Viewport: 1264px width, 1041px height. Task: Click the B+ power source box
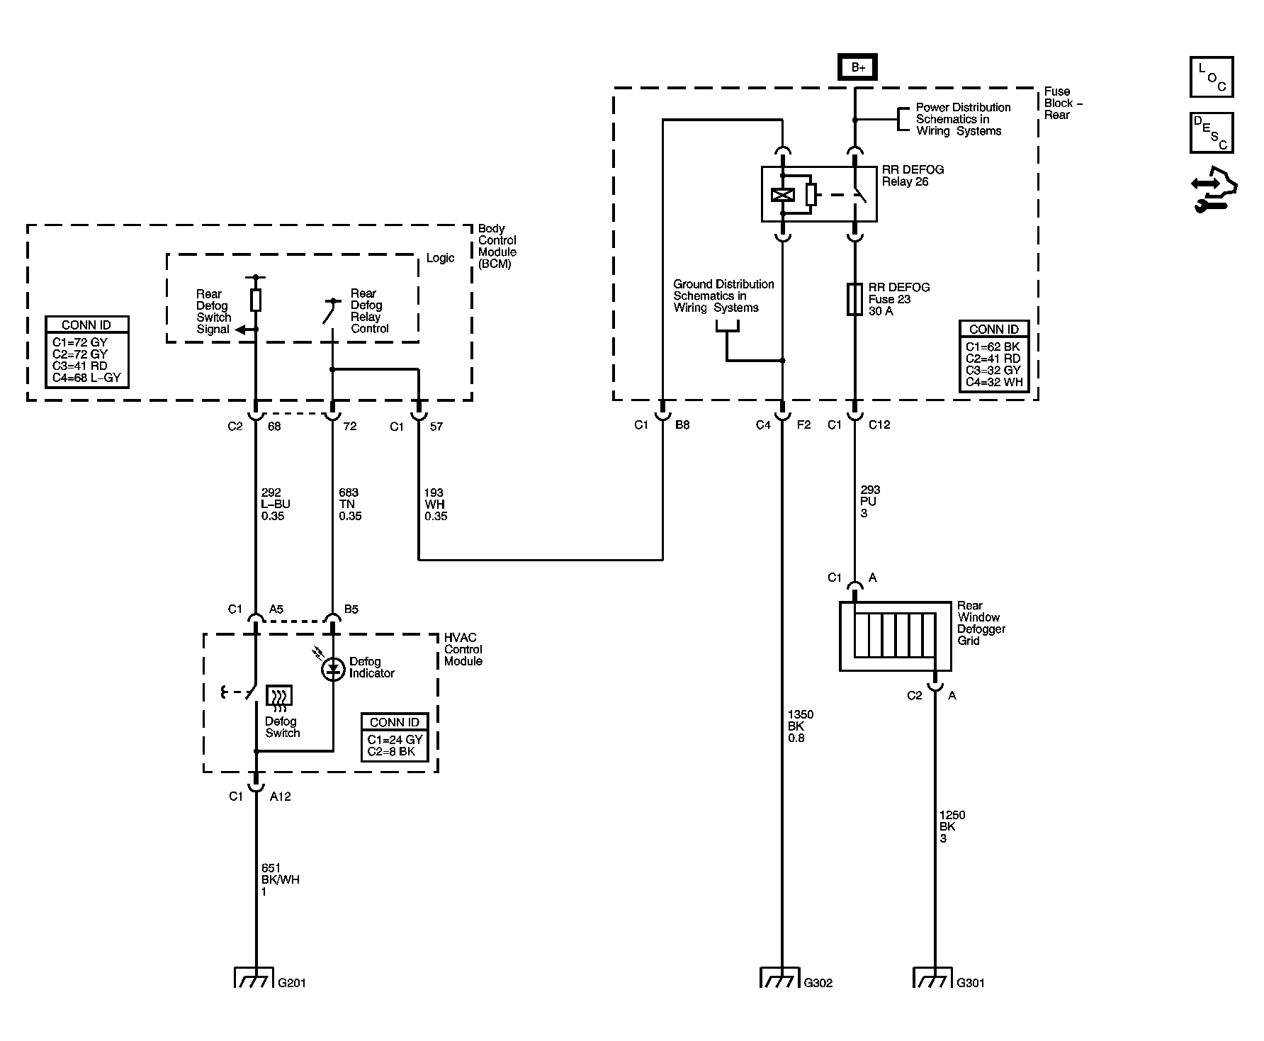(x=858, y=67)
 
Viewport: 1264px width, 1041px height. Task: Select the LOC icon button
(x=1212, y=77)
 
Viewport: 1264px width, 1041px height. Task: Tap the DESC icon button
(x=1212, y=133)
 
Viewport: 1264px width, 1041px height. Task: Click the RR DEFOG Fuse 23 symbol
(x=854, y=299)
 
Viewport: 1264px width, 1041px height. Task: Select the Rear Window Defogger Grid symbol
(x=895, y=636)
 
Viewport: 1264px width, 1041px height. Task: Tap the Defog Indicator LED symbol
(x=332, y=668)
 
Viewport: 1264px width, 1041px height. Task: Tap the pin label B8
(x=682, y=425)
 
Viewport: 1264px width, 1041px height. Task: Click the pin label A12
(x=281, y=797)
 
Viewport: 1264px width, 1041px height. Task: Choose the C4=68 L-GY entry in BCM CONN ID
(x=87, y=377)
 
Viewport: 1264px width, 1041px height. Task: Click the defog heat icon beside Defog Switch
(x=279, y=699)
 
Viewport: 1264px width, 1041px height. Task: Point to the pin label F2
(x=803, y=425)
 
